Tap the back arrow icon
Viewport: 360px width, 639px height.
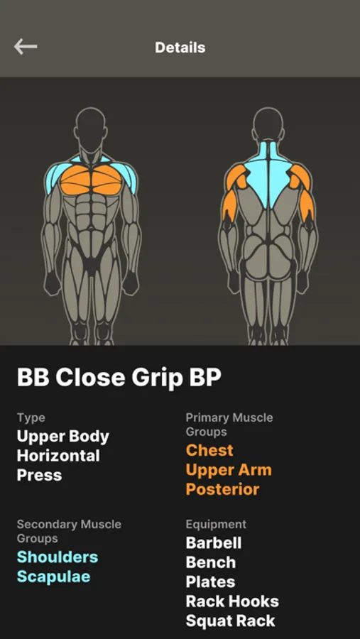(26, 47)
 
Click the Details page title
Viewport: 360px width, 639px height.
(180, 48)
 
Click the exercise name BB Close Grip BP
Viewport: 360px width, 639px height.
(119, 378)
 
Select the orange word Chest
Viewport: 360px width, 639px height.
(209, 450)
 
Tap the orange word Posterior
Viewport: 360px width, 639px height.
(223, 489)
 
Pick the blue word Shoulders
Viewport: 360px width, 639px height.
(58, 557)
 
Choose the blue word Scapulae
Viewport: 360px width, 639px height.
(53, 577)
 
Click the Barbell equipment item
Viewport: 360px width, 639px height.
(214, 543)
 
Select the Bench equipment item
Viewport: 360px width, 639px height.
(211, 562)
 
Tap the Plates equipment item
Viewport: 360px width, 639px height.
(210, 582)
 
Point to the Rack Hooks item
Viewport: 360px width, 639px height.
(232, 601)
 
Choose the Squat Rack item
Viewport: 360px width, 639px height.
(230, 621)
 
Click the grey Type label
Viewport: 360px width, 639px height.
(31, 418)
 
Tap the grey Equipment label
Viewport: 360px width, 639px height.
(216, 525)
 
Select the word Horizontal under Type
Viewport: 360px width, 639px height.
(58, 456)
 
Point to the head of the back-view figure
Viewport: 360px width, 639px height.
(268, 125)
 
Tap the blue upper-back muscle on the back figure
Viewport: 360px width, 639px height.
(268, 175)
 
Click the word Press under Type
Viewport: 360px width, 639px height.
(40, 475)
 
